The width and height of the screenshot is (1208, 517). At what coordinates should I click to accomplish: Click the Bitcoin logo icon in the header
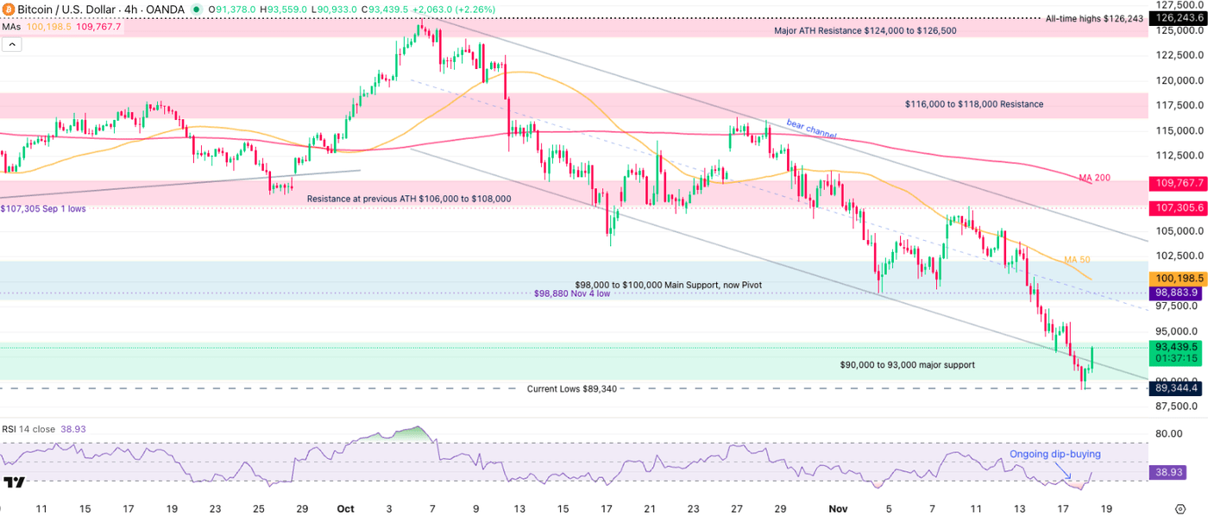pos(7,9)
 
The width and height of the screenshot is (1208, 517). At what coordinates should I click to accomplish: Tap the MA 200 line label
pos(1094,178)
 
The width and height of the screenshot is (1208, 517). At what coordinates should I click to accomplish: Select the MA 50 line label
pos(1077,260)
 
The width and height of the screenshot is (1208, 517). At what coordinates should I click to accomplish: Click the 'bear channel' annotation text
pos(810,129)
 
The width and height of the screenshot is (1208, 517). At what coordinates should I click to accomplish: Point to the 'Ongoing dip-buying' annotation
pos(1054,454)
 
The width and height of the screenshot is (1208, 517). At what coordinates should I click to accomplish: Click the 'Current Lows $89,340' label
pos(572,389)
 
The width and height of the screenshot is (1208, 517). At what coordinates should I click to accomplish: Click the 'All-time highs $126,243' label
pos(1093,18)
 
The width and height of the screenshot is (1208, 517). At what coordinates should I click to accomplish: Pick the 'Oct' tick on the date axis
pos(345,509)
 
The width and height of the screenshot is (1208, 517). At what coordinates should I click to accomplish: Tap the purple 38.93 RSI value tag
pos(1170,473)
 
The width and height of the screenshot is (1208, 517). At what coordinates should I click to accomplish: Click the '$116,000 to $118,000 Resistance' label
pos(973,104)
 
